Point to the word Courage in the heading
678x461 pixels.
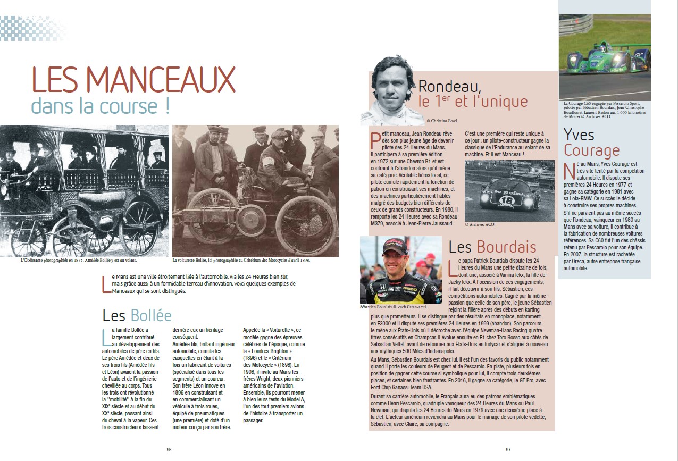[x=592, y=150]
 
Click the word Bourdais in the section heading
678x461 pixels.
[x=506, y=247]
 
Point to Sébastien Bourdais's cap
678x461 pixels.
[x=394, y=247]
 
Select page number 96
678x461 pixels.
[x=169, y=449]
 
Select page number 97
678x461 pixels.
[x=508, y=449]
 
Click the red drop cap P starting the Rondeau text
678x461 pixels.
[x=374, y=140]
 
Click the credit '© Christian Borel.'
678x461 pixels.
[x=439, y=121]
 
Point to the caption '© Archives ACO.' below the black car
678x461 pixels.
[x=480, y=224]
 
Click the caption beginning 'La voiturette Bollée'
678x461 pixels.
[x=241, y=261]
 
